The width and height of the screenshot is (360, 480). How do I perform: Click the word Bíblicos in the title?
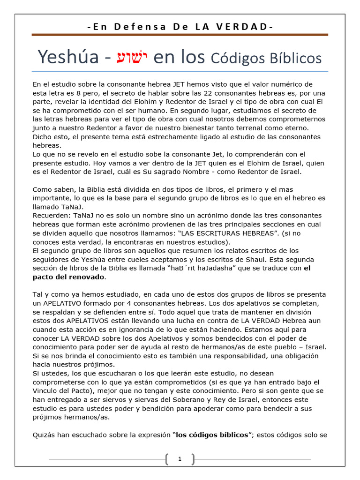(292, 58)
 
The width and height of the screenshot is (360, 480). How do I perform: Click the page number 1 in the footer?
(180, 459)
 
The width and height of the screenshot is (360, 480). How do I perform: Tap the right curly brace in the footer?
(193, 459)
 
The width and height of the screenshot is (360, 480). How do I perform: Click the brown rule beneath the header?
(180, 35)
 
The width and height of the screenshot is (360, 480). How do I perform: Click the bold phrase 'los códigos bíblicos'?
(212, 435)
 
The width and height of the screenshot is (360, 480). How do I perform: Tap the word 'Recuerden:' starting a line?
(51, 216)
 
